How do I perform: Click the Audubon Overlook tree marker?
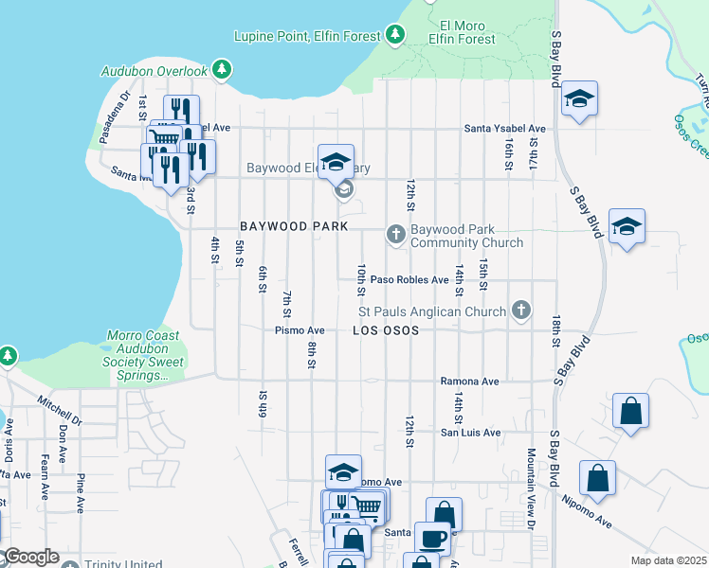222,69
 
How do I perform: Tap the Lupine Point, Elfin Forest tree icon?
395,36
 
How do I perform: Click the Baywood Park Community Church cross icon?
395,234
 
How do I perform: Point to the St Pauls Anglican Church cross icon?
519,310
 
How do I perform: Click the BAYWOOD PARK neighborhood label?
294,226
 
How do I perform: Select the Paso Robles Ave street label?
409,280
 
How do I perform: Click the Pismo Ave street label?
300,330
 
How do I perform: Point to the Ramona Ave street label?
469,382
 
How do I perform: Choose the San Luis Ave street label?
469,433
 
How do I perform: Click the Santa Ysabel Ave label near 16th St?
504,129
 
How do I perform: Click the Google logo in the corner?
30,558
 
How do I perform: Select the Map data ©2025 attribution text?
668,560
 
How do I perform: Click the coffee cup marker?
434,536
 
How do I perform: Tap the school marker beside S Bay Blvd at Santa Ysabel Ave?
578,98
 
